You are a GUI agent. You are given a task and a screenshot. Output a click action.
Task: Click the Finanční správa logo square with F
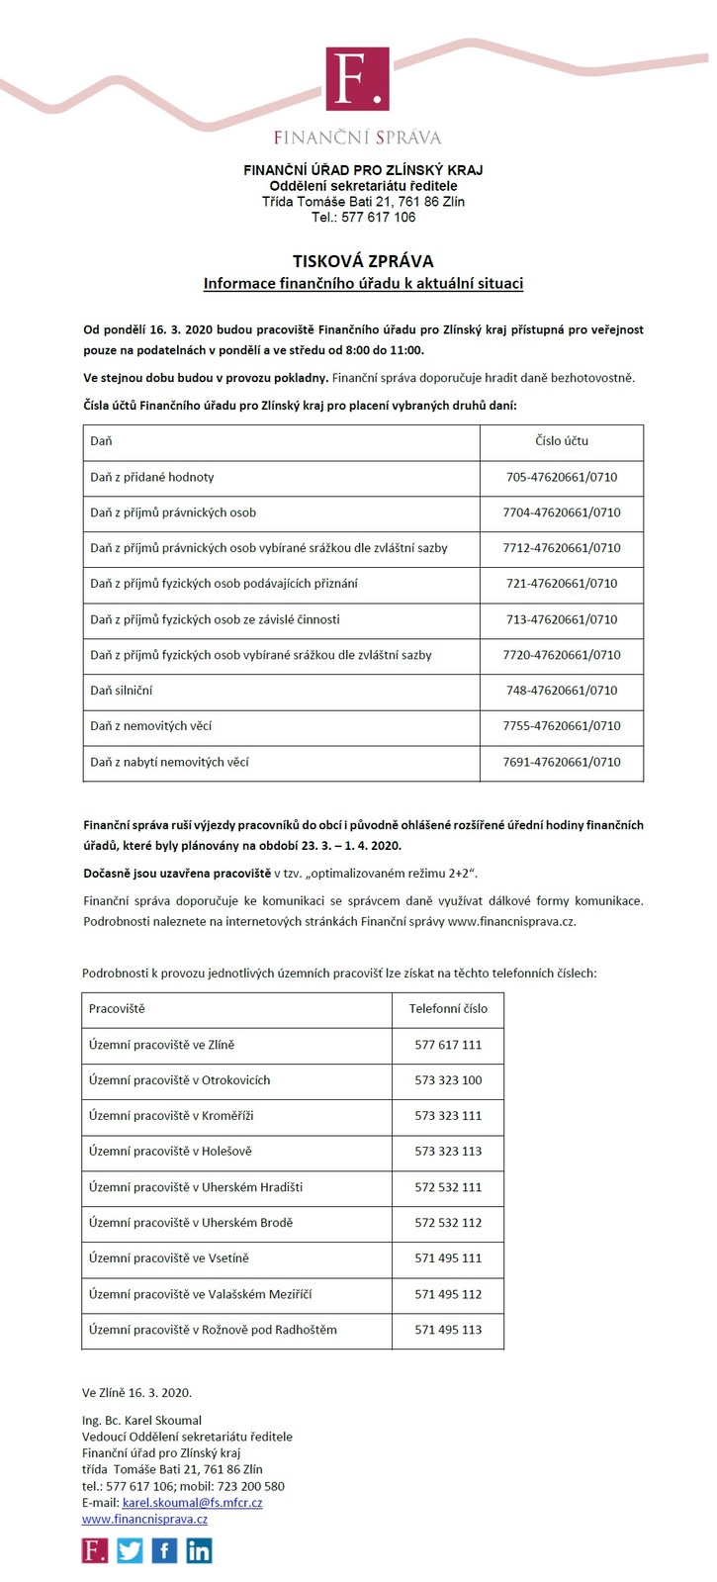coord(357,78)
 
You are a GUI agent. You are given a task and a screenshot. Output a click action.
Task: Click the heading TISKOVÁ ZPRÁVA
coord(363,261)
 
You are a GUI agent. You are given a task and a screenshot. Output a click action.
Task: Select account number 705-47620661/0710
coord(562,477)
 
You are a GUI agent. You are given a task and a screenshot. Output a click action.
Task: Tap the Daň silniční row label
coord(122,691)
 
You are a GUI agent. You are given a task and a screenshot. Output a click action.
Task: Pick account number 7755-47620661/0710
coord(562,726)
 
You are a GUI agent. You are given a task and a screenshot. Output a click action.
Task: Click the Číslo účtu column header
coord(562,441)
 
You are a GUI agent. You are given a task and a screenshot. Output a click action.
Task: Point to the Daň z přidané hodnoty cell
coord(152,477)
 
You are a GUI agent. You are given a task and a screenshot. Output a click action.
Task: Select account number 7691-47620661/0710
coord(562,762)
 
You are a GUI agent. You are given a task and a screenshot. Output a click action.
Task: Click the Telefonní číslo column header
coord(448,1009)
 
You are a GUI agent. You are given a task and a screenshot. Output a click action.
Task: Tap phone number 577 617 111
coord(448,1045)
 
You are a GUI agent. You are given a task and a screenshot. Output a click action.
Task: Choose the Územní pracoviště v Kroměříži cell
coord(171,1116)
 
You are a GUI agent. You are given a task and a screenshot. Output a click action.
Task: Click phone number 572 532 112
coord(448,1223)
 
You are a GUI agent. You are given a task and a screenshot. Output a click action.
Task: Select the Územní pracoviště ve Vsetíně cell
coord(169,1258)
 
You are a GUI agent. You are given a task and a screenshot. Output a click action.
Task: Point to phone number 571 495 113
coord(448,1330)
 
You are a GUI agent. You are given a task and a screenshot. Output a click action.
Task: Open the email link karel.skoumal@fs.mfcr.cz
coord(192,1502)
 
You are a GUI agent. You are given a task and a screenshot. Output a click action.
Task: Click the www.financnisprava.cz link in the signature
coord(144,1519)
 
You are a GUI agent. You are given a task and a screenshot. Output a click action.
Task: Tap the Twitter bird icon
coord(130,1550)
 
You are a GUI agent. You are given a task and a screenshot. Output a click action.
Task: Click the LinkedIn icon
coord(199,1550)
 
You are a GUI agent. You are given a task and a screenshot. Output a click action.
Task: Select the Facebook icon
coord(164,1550)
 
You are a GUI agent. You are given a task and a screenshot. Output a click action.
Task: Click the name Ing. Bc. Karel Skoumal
coord(141,1421)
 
